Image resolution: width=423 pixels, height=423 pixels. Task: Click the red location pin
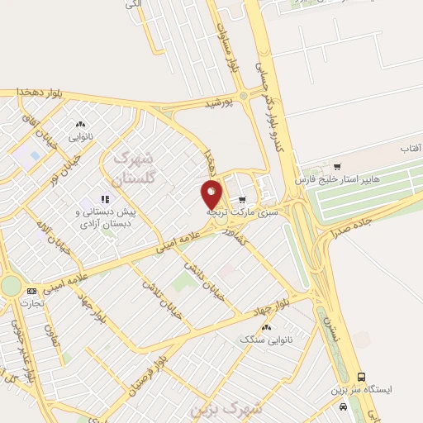212,194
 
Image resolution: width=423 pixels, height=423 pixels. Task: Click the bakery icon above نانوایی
80,123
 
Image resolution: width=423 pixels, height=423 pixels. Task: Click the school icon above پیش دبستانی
105,199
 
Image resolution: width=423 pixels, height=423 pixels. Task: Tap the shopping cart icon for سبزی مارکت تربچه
242,200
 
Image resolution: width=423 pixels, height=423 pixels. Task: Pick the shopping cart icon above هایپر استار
336,166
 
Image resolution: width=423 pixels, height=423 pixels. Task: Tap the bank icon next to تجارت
32,291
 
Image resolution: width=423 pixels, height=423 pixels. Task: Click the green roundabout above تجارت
10,285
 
